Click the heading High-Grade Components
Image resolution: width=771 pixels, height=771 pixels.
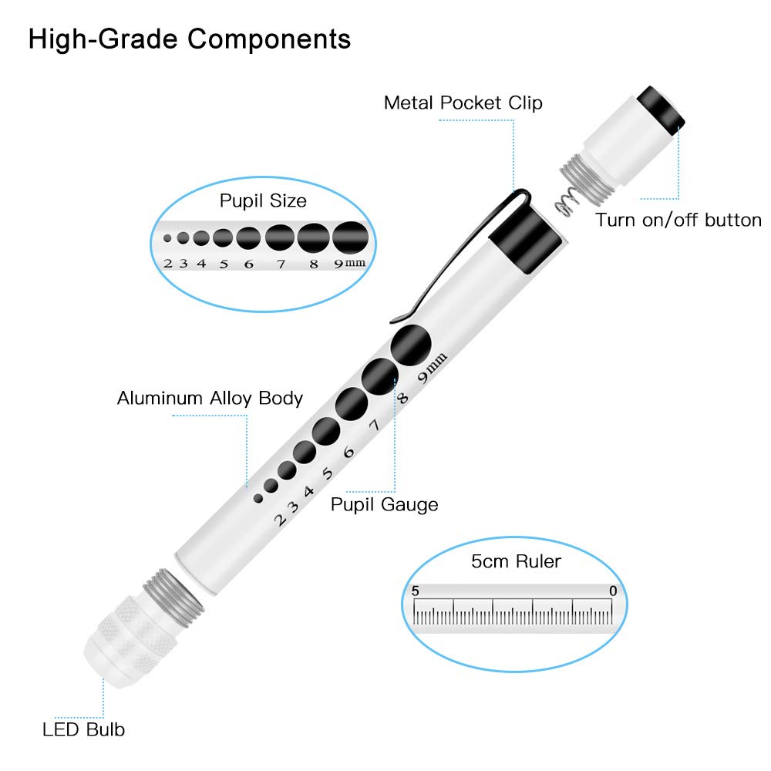189,39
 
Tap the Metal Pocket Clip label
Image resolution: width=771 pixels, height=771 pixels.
463,103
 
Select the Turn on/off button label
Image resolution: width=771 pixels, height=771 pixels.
678,221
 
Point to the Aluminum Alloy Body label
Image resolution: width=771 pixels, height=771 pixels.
210,399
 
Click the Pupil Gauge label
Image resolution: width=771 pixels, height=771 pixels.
384,505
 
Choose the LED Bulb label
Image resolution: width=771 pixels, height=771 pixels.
83,729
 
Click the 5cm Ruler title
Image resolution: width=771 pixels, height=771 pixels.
515,561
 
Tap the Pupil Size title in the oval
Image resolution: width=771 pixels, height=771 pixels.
263,201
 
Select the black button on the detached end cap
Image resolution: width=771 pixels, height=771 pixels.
661,107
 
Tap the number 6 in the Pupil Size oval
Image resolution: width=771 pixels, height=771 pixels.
248,264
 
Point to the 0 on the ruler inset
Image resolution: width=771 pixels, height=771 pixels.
612,591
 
